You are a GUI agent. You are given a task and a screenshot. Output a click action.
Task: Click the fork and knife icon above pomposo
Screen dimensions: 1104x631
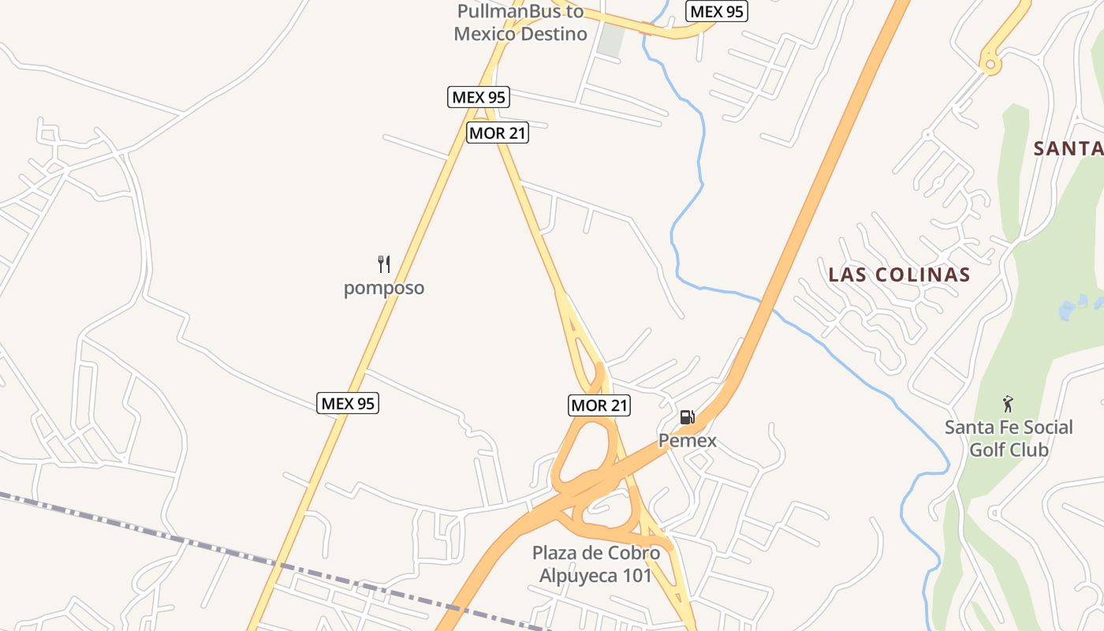pyautogui.click(x=384, y=264)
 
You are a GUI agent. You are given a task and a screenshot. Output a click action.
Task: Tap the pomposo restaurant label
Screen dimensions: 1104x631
pyautogui.click(x=384, y=288)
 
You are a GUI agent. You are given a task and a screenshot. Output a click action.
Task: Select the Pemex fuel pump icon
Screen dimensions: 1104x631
pyautogui.click(x=688, y=416)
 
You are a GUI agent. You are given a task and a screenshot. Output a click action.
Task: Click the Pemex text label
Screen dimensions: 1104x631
pyautogui.click(x=688, y=440)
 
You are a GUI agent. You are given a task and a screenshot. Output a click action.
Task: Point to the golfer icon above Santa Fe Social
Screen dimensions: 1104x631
pyautogui.click(x=1008, y=405)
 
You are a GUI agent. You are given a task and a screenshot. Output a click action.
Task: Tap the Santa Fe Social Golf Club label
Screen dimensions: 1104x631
pyautogui.click(x=1009, y=439)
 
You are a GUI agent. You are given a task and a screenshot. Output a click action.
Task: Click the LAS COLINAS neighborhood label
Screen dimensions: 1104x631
pyautogui.click(x=899, y=274)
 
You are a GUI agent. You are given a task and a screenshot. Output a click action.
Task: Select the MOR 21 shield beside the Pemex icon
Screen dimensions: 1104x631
pyautogui.click(x=599, y=405)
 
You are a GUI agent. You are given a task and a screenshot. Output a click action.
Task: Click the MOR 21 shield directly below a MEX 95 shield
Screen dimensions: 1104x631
pyautogui.click(x=498, y=133)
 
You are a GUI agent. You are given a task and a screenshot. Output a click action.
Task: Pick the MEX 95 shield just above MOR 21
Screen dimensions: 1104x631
pyautogui.click(x=479, y=97)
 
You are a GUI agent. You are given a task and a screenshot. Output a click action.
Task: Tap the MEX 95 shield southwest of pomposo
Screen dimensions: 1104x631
pyautogui.click(x=349, y=403)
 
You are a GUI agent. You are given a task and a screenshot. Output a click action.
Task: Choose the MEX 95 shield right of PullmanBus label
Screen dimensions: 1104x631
pyautogui.click(x=717, y=12)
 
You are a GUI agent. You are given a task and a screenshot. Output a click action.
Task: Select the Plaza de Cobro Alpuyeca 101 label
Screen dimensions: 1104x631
pyautogui.click(x=596, y=564)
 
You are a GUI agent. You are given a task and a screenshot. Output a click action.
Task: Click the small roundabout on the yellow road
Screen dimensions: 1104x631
pyautogui.click(x=990, y=62)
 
